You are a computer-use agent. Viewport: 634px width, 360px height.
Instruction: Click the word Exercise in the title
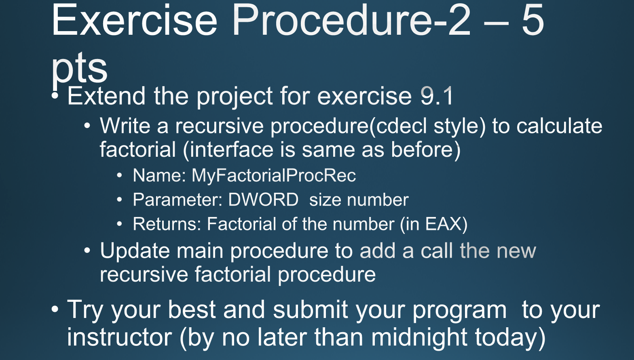pos(134,20)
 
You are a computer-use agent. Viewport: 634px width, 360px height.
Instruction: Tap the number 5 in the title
pos(533,20)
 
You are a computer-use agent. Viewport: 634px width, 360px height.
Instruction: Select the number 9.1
pos(437,96)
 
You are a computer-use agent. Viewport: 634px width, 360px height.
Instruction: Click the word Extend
pos(106,96)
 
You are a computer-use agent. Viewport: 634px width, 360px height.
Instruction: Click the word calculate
pos(559,126)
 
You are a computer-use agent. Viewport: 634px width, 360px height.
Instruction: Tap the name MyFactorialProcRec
pos(274,175)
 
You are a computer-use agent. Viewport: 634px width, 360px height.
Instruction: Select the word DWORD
pos(263,200)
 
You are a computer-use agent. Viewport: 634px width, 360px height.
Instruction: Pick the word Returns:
pos(167,224)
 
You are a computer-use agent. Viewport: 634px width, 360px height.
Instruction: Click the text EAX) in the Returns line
pos(446,224)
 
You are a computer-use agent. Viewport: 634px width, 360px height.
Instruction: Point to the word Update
pos(135,251)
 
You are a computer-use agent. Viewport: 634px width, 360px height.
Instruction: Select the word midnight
pos(419,338)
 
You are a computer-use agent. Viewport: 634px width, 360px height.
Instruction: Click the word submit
pos(311,309)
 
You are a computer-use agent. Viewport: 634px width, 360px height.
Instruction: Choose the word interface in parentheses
pos(232,149)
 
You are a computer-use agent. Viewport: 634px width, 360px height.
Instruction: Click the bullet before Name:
pos(119,175)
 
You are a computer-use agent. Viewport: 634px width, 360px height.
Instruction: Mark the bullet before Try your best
pos(55,309)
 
